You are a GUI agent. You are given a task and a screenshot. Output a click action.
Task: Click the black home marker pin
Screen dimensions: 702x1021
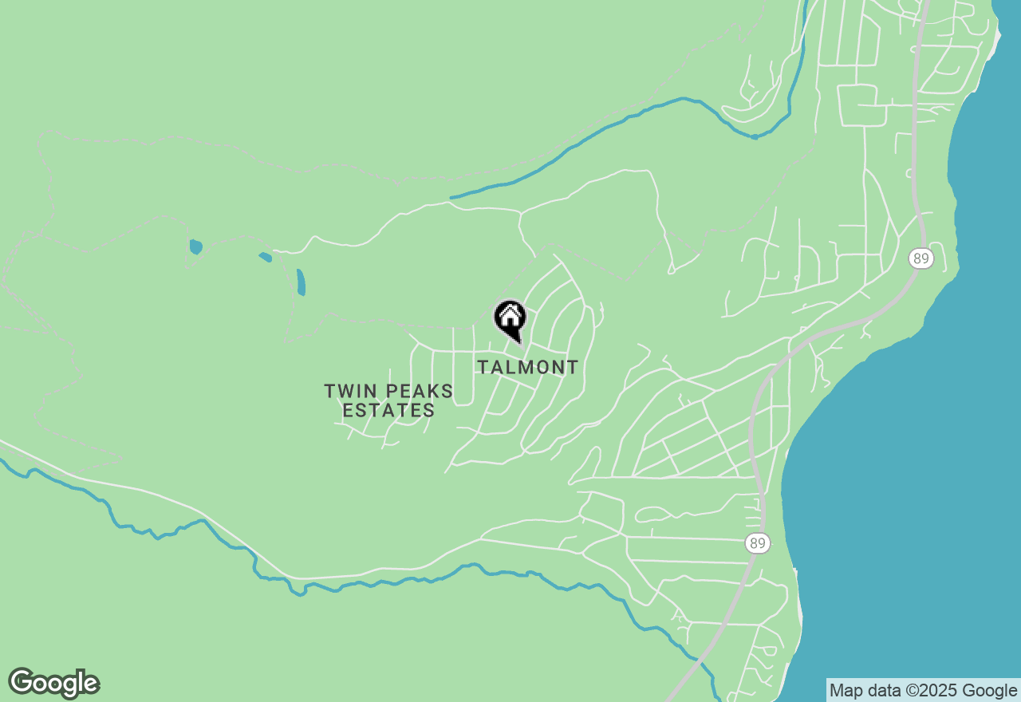coord(510,319)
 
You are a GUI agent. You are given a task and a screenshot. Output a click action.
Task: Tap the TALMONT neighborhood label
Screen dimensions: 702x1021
coord(527,367)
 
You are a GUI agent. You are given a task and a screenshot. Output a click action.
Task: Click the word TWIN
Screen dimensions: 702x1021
coord(349,392)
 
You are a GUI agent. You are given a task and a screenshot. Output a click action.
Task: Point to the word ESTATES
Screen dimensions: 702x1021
coord(388,411)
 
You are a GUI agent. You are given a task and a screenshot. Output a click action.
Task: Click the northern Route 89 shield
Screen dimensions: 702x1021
coord(920,258)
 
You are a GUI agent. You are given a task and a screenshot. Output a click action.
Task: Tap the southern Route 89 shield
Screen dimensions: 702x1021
coord(758,544)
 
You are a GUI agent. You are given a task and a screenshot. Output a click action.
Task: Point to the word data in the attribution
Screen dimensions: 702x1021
coord(881,691)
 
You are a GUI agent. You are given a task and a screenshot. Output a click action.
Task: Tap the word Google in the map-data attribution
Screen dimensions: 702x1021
coord(990,691)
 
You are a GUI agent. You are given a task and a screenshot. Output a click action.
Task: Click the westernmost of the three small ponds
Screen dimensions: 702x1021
coord(195,246)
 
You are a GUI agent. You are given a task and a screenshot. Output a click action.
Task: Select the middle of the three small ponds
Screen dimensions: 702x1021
coord(266,257)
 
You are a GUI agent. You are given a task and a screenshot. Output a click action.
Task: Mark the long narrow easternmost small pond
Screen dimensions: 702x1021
coord(301,282)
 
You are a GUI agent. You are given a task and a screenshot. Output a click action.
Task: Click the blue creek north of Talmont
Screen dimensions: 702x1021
coord(606,132)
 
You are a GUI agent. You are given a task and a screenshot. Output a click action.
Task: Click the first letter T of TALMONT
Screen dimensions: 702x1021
coord(483,367)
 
